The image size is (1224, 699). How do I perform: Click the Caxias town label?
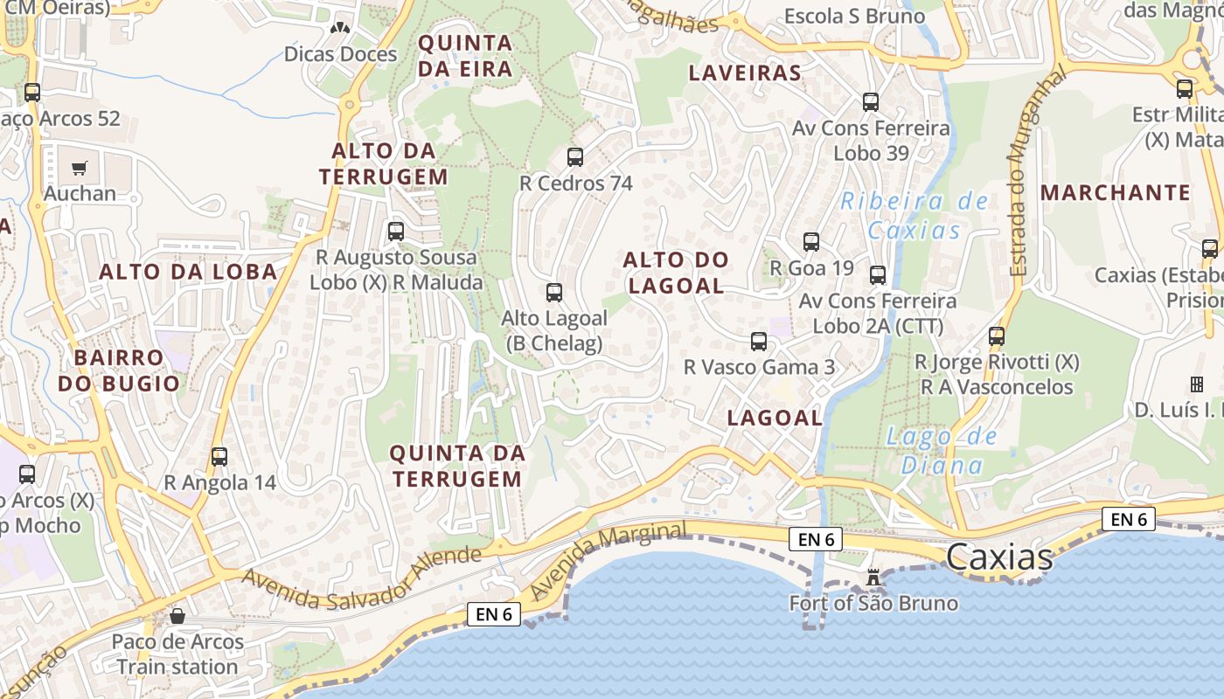[x=999, y=557]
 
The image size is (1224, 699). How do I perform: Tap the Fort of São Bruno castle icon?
[x=872, y=577]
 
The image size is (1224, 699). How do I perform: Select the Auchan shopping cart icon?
[x=80, y=168]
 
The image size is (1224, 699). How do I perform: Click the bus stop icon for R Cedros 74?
[x=575, y=157]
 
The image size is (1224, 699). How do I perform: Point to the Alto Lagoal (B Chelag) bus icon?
[x=554, y=292]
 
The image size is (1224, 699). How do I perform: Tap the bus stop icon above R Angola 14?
[x=219, y=456]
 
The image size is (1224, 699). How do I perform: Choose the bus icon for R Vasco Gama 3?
[x=759, y=342]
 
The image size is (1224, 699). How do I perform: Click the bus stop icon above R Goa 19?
[x=811, y=242]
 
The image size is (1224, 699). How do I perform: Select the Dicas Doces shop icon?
[x=340, y=27]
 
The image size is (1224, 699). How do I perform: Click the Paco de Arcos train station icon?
[x=177, y=616]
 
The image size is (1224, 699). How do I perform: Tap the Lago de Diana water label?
[x=942, y=450]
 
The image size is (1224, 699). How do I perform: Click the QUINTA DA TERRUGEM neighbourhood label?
[x=457, y=466]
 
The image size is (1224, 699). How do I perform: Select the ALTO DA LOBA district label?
[x=188, y=272]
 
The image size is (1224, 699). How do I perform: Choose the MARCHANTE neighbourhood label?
[x=1116, y=192]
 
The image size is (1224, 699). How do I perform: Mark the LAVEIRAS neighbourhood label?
[x=745, y=73]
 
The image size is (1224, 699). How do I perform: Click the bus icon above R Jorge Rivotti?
[x=997, y=336]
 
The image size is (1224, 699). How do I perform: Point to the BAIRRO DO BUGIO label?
[x=119, y=370]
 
